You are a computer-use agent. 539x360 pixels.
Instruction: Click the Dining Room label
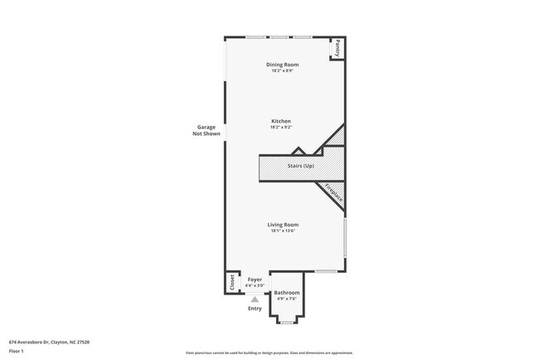click(282, 64)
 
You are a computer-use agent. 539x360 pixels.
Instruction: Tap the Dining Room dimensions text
click(282, 71)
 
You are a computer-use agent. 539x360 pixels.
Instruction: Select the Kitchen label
click(280, 121)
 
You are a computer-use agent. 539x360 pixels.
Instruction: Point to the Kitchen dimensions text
click(280, 128)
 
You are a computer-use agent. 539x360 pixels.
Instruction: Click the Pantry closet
click(338, 49)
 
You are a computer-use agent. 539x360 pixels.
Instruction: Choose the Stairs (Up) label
click(301, 167)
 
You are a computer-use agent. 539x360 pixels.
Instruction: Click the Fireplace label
click(333, 192)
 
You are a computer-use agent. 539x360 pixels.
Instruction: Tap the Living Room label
click(282, 225)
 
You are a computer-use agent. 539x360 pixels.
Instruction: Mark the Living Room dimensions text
click(282, 231)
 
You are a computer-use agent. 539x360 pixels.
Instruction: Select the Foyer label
click(255, 280)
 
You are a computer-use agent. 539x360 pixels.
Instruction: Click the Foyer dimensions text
click(255, 285)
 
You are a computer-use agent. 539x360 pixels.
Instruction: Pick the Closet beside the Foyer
click(231, 282)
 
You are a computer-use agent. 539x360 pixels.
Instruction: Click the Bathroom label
click(287, 293)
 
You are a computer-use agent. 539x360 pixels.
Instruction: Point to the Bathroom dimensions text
click(287, 299)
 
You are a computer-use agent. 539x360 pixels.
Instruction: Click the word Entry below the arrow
click(255, 309)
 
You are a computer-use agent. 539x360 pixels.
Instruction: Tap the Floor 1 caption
click(17, 351)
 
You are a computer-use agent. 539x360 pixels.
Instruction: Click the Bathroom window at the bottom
click(287, 322)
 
